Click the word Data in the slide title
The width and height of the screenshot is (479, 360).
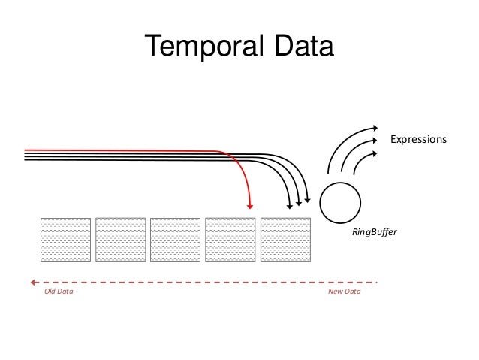coord(297,48)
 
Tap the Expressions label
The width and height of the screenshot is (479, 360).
coord(418,140)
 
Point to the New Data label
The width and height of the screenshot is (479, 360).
coord(345,290)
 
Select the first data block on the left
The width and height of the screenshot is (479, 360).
coord(65,240)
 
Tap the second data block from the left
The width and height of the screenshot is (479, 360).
coord(120,240)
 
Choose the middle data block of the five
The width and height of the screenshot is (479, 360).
coord(175,240)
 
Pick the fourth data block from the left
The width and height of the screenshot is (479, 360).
coord(230,240)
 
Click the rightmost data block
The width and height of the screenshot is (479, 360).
coord(285,240)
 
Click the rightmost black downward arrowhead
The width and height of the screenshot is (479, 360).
coord(307,200)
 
